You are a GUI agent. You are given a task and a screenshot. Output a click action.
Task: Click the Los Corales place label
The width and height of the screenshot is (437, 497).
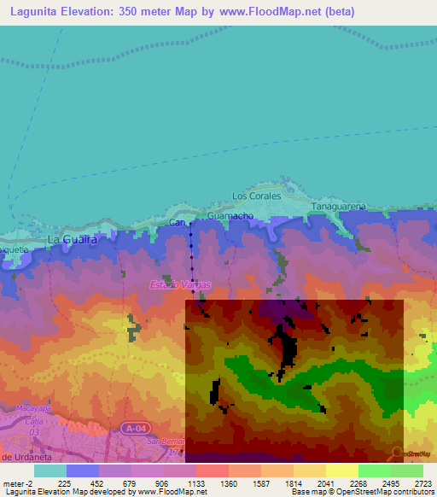[256, 196]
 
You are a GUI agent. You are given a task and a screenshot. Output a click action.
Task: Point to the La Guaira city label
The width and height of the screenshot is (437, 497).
[72, 240]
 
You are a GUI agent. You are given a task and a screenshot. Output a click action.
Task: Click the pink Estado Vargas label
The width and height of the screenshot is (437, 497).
[180, 284]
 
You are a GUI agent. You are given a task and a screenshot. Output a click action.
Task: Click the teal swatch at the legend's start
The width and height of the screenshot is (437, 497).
[50, 470]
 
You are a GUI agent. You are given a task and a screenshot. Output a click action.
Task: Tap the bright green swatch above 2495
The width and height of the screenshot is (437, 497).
[375, 470]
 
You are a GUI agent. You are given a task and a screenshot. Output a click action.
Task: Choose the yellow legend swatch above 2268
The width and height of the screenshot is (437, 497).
[342, 470]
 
